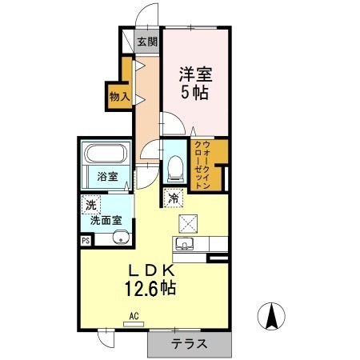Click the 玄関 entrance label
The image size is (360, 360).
point(146,42)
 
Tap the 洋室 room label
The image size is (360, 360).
point(195,74)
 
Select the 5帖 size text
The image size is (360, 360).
point(195,94)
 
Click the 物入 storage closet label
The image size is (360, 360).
point(118,96)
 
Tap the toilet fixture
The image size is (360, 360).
point(174,166)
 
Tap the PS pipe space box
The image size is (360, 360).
point(86,238)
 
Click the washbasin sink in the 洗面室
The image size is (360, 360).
point(120,235)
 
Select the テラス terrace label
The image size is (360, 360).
point(189,344)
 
